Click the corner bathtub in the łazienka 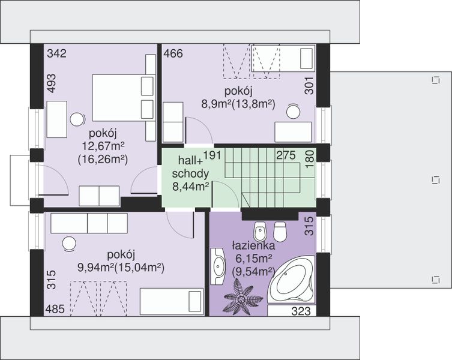(x=291, y=279)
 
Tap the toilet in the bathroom (x=279, y=232)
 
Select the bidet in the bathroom (x=260, y=232)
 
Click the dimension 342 (x=57, y=53)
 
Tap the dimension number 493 (x=51, y=83)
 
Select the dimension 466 (x=173, y=53)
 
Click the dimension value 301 (x=309, y=86)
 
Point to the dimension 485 (x=55, y=309)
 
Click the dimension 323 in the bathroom (x=301, y=311)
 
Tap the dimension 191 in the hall (x=212, y=155)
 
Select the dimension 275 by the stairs (x=286, y=155)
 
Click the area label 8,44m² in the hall (x=190, y=187)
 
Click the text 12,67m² (x=103, y=146)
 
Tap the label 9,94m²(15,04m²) (x=121, y=268)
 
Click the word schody (x=190, y=173)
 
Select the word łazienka (x=253, y=246)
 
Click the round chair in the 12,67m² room (x=77, y=119)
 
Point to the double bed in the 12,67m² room (x=123, y=98)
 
